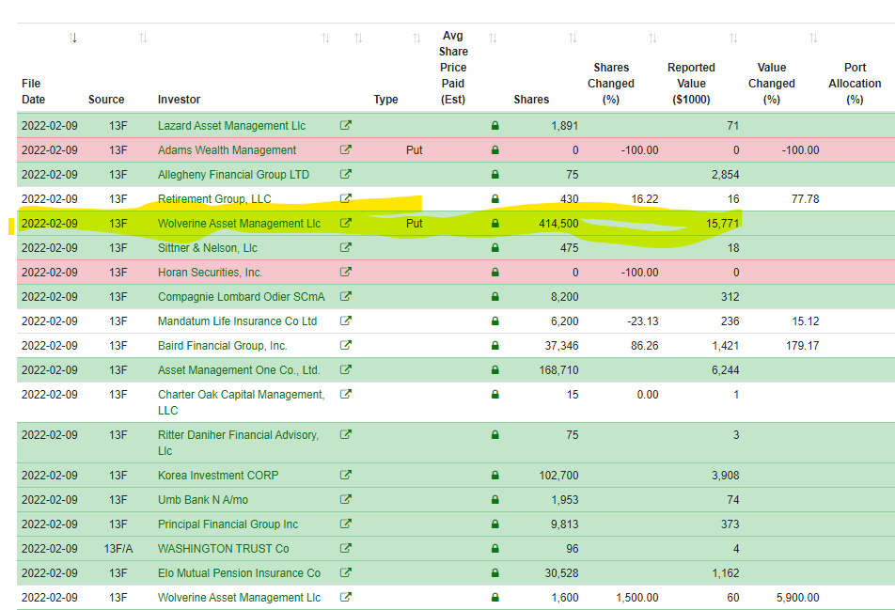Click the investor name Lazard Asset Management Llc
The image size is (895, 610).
pos(231,126)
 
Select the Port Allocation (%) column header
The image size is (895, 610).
pos(855,84)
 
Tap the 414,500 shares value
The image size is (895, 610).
pos(558,224)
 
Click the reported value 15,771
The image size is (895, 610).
pos(722,224)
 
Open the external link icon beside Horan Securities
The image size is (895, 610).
pos(345,272)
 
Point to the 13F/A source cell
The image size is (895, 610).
pos(118,549)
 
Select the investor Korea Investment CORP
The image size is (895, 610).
pos(218,476)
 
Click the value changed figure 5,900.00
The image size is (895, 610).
pos(797,598)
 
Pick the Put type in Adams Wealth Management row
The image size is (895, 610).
pos(415,150)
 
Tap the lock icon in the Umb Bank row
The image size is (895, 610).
pos(495,500)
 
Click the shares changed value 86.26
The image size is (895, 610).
pos(644,346)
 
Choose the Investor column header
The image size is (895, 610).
pos(180,100)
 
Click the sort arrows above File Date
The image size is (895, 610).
pos(72,38)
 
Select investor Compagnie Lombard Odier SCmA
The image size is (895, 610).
pos(242,297)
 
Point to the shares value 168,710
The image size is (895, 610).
pos(558,370)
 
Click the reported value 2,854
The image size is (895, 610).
pos(725,175)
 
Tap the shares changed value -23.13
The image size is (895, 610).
pos(643,321)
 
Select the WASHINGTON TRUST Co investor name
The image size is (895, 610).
pos(223,549)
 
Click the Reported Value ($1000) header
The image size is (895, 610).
pos(691,84)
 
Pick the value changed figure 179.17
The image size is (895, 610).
pos(802,346)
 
